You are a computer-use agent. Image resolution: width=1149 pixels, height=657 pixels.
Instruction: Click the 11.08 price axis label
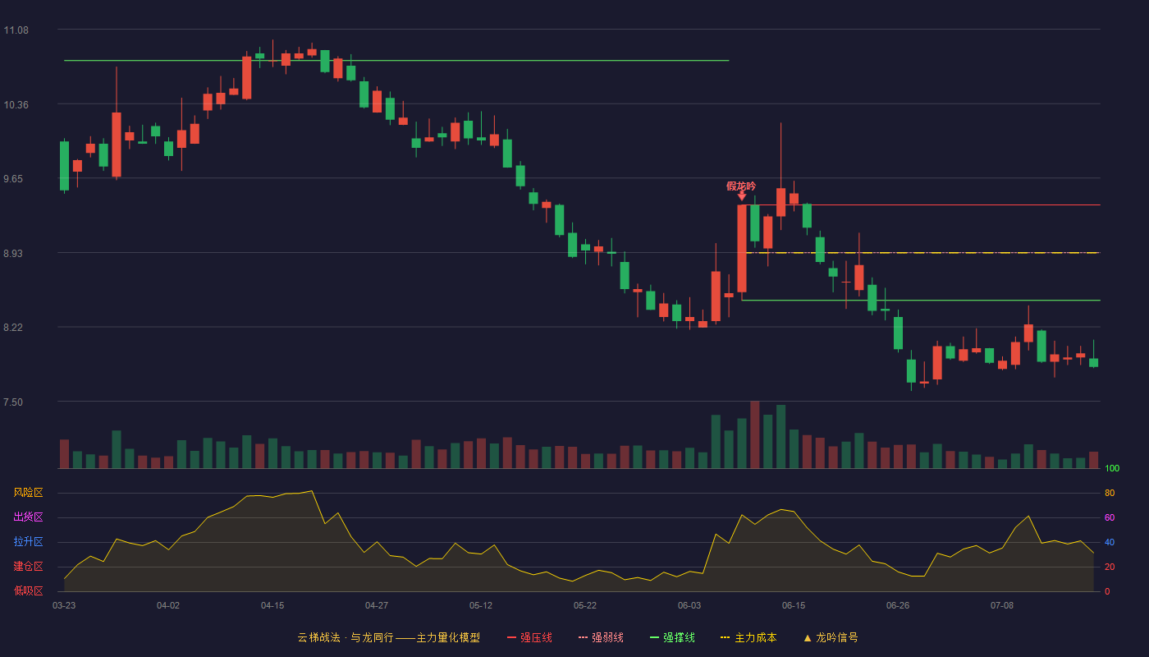[16, 30]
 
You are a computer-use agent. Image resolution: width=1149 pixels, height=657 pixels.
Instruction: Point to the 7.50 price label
[13, 402]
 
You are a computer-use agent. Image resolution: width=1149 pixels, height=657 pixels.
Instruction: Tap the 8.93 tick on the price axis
[13, 254]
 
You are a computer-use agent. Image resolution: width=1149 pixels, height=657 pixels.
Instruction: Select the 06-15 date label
[794, 606]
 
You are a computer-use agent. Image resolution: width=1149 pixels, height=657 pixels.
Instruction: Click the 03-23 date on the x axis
[64, 606]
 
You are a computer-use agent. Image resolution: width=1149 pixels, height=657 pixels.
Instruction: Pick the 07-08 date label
[1002, 606]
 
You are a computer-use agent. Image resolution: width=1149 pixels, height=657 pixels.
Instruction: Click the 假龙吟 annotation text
[741, 186]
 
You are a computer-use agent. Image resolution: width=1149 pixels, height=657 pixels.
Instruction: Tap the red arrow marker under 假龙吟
[742, 196]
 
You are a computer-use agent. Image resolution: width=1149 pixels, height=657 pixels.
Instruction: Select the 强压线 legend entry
[529, 637]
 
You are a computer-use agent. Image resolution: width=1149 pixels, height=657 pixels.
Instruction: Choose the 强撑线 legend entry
[672, 637]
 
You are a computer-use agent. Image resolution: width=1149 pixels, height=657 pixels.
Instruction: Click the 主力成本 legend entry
[748, 637]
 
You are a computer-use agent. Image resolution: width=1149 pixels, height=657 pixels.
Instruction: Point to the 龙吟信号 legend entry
[831, 637]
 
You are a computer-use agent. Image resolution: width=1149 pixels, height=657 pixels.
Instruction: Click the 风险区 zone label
[28, 493]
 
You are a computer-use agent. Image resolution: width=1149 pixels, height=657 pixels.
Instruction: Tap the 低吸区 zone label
[28, 591]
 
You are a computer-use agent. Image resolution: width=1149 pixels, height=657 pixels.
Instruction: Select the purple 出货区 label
[28, 517]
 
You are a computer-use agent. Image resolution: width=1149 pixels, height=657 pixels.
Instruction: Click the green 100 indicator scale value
[1112, 468]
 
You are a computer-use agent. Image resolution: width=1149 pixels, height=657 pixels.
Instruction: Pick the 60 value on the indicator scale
[1110, 517]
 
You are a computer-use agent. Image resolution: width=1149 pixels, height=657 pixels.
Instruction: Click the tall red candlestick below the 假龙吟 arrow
[742, 248]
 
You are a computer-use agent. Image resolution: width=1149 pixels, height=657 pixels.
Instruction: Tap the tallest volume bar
[754, 434]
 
